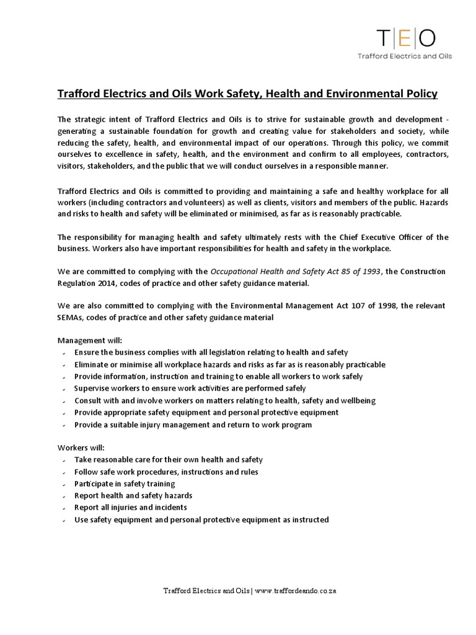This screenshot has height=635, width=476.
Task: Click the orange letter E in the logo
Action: pos(404,38)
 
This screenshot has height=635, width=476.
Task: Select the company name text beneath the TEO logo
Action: pos(405,56)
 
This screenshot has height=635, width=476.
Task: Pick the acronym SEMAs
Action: pos(71,318)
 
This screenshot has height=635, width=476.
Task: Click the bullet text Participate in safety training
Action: pos(125,484)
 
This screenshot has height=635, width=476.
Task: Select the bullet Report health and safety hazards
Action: pos(133,495)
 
